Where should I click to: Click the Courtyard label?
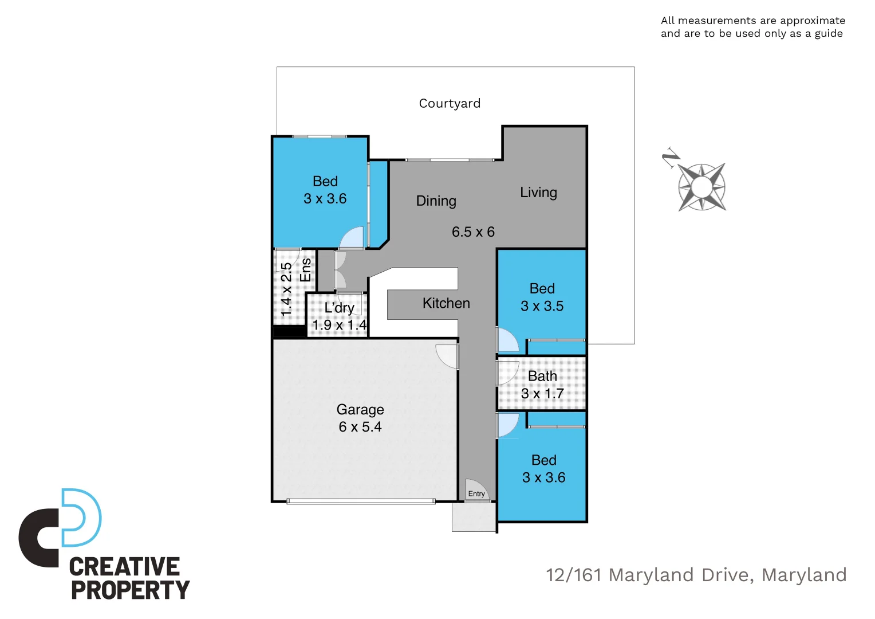(450, 103)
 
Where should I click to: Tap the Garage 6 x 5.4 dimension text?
(360, 427)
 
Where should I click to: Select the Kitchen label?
(446, 303)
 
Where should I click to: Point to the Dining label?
(436, 201)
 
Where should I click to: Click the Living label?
(538, 193)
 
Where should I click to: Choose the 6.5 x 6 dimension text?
(473, 232)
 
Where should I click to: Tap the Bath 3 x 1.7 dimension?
(542, 394)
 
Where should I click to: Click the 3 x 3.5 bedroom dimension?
(542, 306)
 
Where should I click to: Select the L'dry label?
(339, 308)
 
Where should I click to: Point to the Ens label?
(306, 270)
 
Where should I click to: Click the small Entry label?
(476, 493)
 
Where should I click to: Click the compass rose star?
(702, 187)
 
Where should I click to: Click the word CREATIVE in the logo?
(124, 567)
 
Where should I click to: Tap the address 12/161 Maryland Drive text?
(696, 575)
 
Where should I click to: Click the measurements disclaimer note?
(752, 27)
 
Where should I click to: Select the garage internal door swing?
(447, 356)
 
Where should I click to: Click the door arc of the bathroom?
(507, 373)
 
